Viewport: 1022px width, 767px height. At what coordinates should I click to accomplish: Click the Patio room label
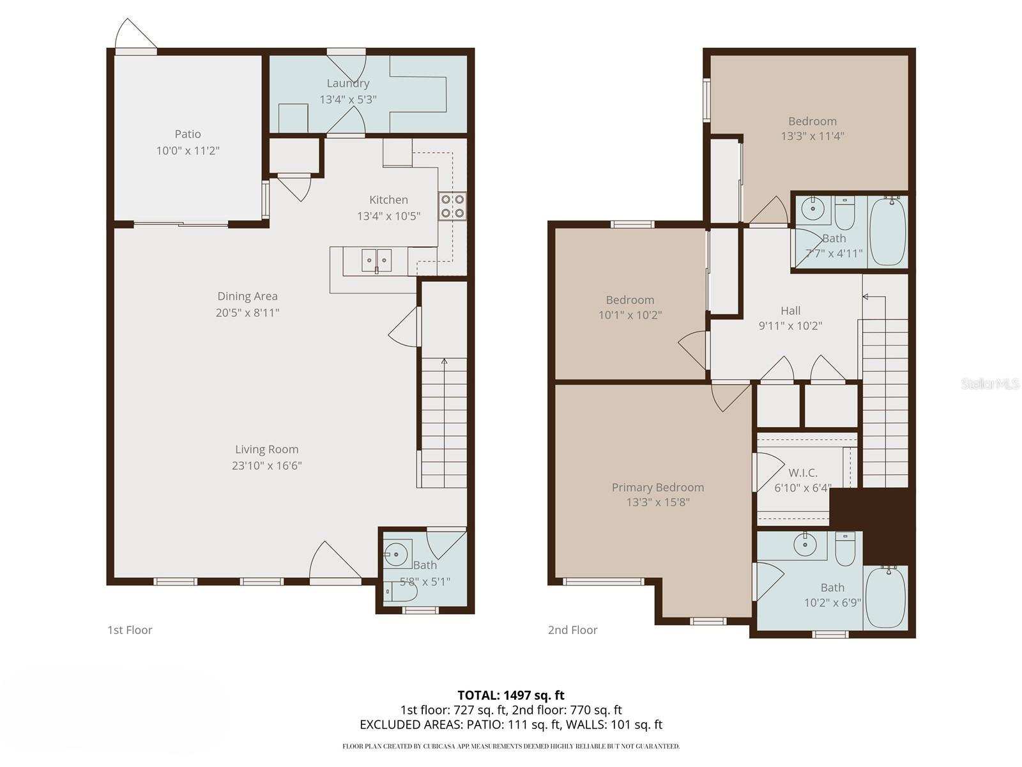pyautogui.click(x=188, y=134)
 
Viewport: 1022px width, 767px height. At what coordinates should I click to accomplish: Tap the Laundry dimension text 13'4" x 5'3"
pyautogui.click(x=347, y=100)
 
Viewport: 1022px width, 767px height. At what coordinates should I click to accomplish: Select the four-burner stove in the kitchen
pyautogui.click(x=452, y=206)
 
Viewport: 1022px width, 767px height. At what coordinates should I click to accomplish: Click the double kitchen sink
pyautogui.click(x=376, y=260)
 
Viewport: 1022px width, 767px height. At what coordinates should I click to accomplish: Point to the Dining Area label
pyautogui.click(x=247, y=296)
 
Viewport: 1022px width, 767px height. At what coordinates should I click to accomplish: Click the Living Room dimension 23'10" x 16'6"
pyautogui.click(x=266, y=466)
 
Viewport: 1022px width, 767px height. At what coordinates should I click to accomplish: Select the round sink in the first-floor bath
pyautogui.click(x=398, y=554)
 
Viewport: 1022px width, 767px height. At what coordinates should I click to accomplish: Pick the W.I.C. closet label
pyautogui.click(x=802, y=473)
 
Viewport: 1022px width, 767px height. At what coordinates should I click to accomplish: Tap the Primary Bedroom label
pyautogui.click(x=657, y=488)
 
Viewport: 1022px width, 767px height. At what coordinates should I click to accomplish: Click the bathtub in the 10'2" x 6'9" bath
pyautogui.click(x=885, y=596)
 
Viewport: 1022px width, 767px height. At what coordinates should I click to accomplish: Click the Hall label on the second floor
pyautogui.click(x=790, y=311)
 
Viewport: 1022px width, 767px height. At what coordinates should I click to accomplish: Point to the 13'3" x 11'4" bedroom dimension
pyautogui.click(x=812, y=136)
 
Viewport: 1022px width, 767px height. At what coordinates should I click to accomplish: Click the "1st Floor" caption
pyautogui.click(x=130, y=630)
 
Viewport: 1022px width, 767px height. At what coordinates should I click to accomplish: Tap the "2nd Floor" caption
pyautogui.click(x=572, y=630)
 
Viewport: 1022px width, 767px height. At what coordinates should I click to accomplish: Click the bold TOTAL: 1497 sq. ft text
pyautogui.click(x=510, y=695)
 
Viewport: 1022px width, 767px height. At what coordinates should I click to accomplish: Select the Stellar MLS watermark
pyautogui.click(x=989, y=384)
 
